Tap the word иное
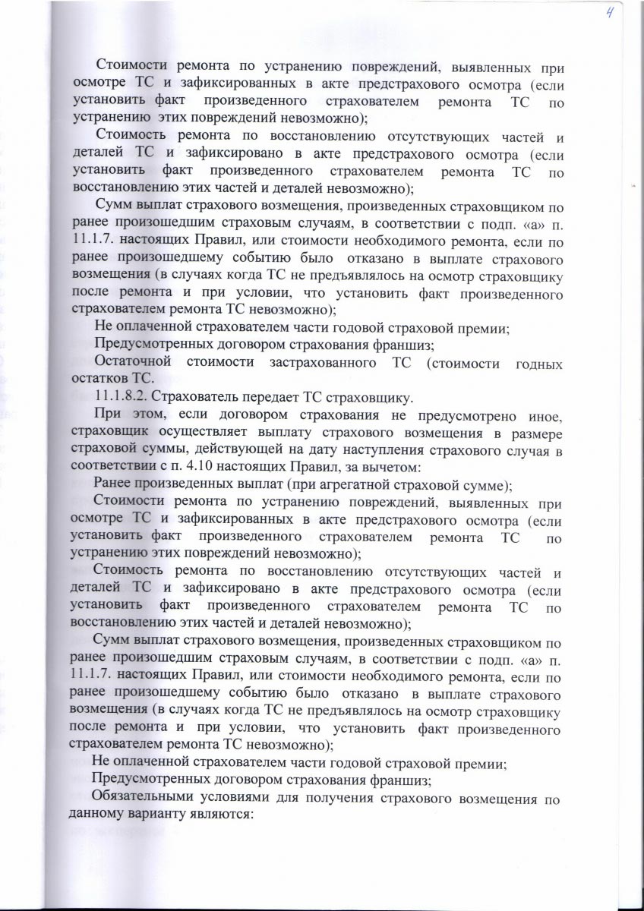545,415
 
